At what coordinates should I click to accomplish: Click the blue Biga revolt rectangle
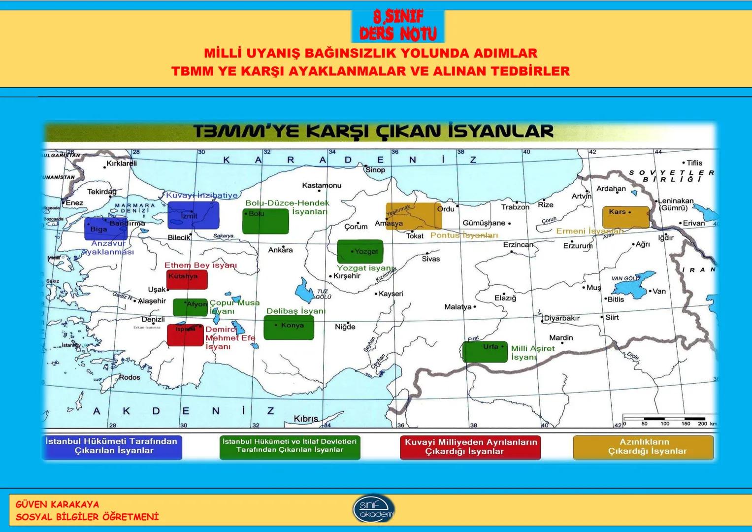pyautogui.click(x=106, y=229)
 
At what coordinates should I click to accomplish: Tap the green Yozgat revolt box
pyautogui.click(x=360, y=251)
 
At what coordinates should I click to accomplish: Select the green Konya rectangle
pyautogui.click(x=289, y=328)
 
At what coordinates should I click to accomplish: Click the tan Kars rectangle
pyautogui.click(x=626, y=217)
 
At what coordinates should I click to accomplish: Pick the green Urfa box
pyautogui.click(x=485, y=352)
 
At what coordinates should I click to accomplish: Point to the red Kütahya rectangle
pyautogui.click(x=187, y=279)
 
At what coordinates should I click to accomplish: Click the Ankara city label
pyautogui.click(x=280, y=250)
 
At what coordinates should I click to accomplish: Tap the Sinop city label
pyautogui.click(x=375, y=170)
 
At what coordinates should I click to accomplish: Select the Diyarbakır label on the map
pyautogui.click(x=562, y=318)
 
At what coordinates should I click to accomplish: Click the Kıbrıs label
pyautogui.click(x=306, y=419)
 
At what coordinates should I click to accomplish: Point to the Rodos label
pyautogui.click(x=130, y=377)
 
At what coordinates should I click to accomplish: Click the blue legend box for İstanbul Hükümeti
pyautogui.click(x=111, y=447)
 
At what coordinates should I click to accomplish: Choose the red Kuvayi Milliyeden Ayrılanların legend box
pyautogui.click(x=470, y=447)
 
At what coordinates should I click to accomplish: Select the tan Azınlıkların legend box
pyautogui.click(x=644, y=447)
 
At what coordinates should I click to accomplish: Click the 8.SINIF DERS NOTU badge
pyautogui.click(x=398, y=26)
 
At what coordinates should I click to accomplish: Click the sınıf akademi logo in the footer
pyautogui.click(x=374, y=509)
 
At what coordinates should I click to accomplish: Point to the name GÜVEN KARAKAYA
pyautogui.click(x=57, y=504)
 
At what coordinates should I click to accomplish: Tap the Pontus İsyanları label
pyautogui.click(x=464, y=235)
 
